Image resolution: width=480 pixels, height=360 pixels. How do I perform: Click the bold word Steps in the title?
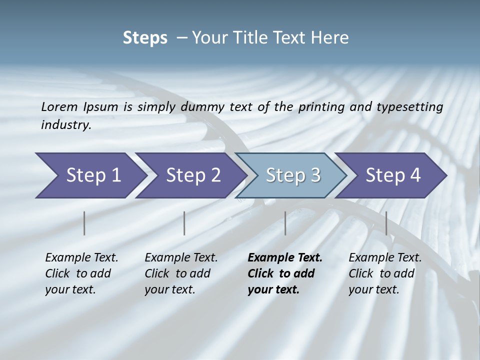(x=145, y=38)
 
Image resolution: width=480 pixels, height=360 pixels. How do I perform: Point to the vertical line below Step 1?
(x=84, y=223)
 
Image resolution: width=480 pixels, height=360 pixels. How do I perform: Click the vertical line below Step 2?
(x=184, y=223)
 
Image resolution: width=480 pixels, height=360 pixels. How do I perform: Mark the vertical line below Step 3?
(x=285, y=223)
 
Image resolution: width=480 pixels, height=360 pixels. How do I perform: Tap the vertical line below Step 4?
(x=386, y=223)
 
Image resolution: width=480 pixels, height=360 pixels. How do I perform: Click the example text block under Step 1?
(x=81, y=273)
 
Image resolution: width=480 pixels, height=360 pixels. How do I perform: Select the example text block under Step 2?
(x=181, y=273)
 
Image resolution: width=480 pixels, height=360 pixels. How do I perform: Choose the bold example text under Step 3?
(x=285, y=273)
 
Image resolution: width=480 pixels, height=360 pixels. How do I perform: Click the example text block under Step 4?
(x=385, y=273)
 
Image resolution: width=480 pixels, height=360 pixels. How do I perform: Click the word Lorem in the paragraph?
(x=59, y=107)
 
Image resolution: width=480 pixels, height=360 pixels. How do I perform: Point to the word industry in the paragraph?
(x=65, y=125)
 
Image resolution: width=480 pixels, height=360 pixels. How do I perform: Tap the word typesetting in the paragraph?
(x=413, y=107)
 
